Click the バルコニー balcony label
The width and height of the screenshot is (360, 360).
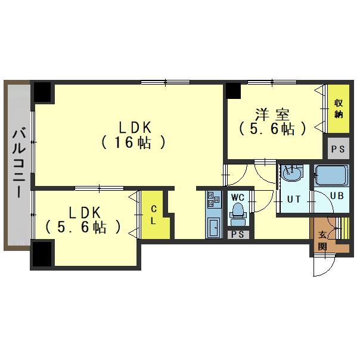click(19, 163)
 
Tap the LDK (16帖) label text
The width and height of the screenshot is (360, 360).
click(133, 135)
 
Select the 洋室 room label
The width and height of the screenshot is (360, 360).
click(272, 114)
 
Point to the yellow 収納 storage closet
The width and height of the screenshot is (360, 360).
click(339, 108)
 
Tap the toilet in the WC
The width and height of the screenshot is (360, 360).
click(238, 214)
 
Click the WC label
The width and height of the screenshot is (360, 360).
click(237, 197)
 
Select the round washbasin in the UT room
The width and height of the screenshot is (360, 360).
click(291, 173)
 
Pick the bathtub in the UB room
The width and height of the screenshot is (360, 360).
click(331, 175)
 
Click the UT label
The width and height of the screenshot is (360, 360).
click(294, 199)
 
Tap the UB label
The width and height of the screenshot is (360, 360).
click(337, 195)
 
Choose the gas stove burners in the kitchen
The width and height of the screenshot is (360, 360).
click(213, 199)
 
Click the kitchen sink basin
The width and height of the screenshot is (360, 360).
click(214, 227)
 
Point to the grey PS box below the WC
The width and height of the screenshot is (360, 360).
click(238, 234)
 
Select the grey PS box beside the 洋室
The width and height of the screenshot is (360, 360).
click(339, 148)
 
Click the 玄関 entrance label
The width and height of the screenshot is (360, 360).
click(322, 241)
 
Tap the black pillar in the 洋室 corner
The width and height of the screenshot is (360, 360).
click(233, 91)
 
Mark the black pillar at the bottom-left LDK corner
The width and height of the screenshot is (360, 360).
click(42, 254)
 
